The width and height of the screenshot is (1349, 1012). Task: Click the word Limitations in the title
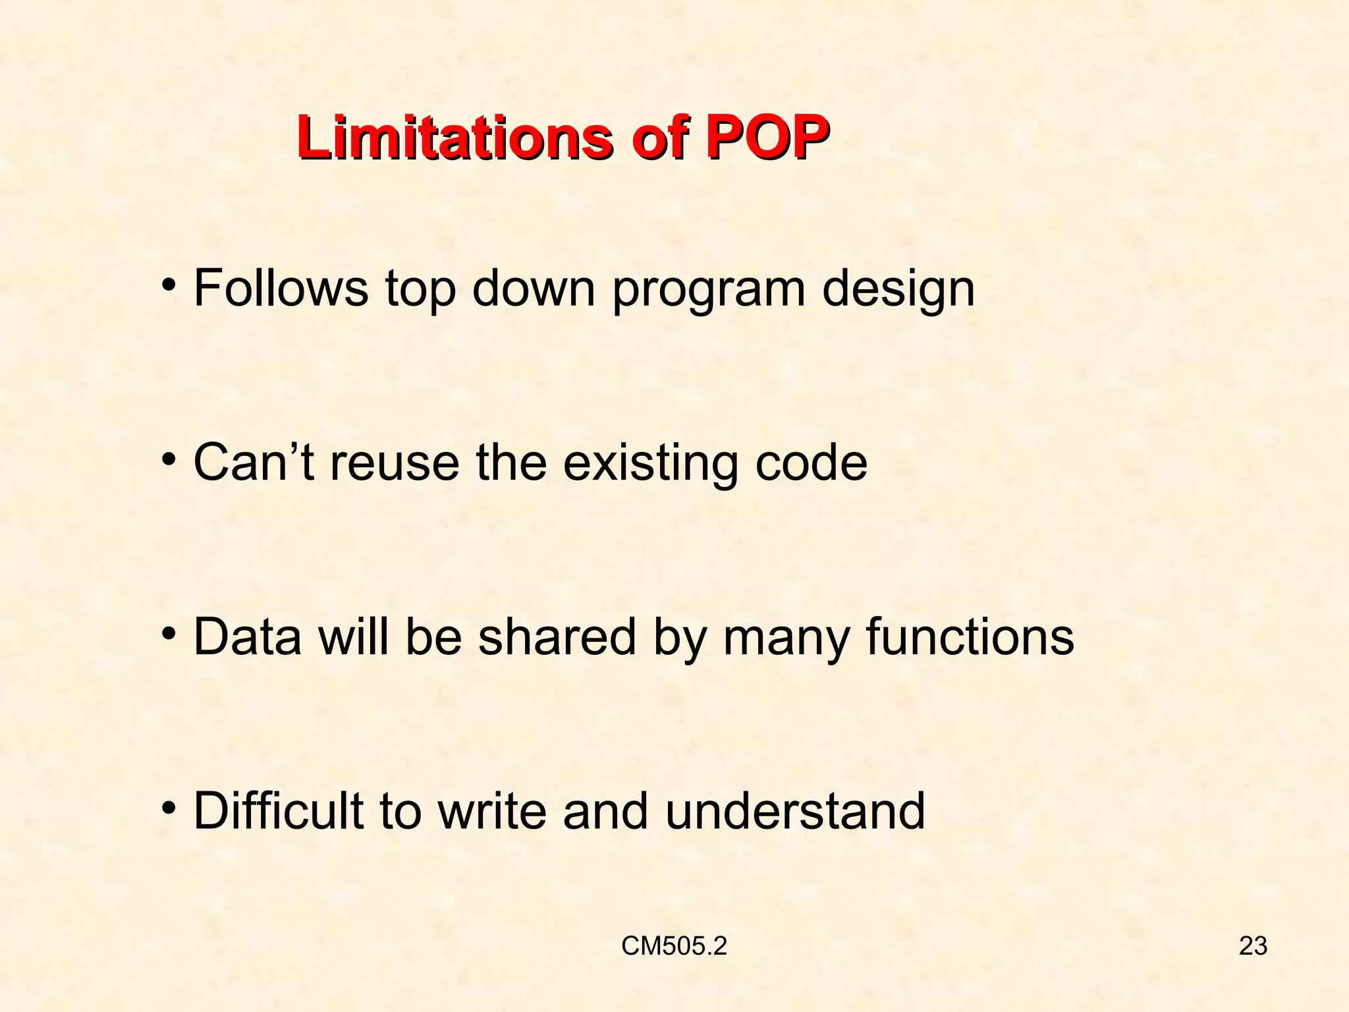453,138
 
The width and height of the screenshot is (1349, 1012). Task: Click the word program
708,290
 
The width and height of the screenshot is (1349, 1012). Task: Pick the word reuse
394,463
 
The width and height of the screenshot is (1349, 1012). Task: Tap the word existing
650,463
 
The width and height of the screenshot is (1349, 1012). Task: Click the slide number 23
1253,946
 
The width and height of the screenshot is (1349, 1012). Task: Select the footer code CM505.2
674,946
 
